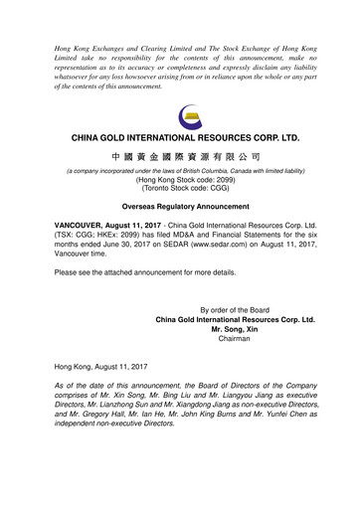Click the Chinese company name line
click(x=179, y=157)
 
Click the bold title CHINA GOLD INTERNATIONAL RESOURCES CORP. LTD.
click(x=179, y=134)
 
